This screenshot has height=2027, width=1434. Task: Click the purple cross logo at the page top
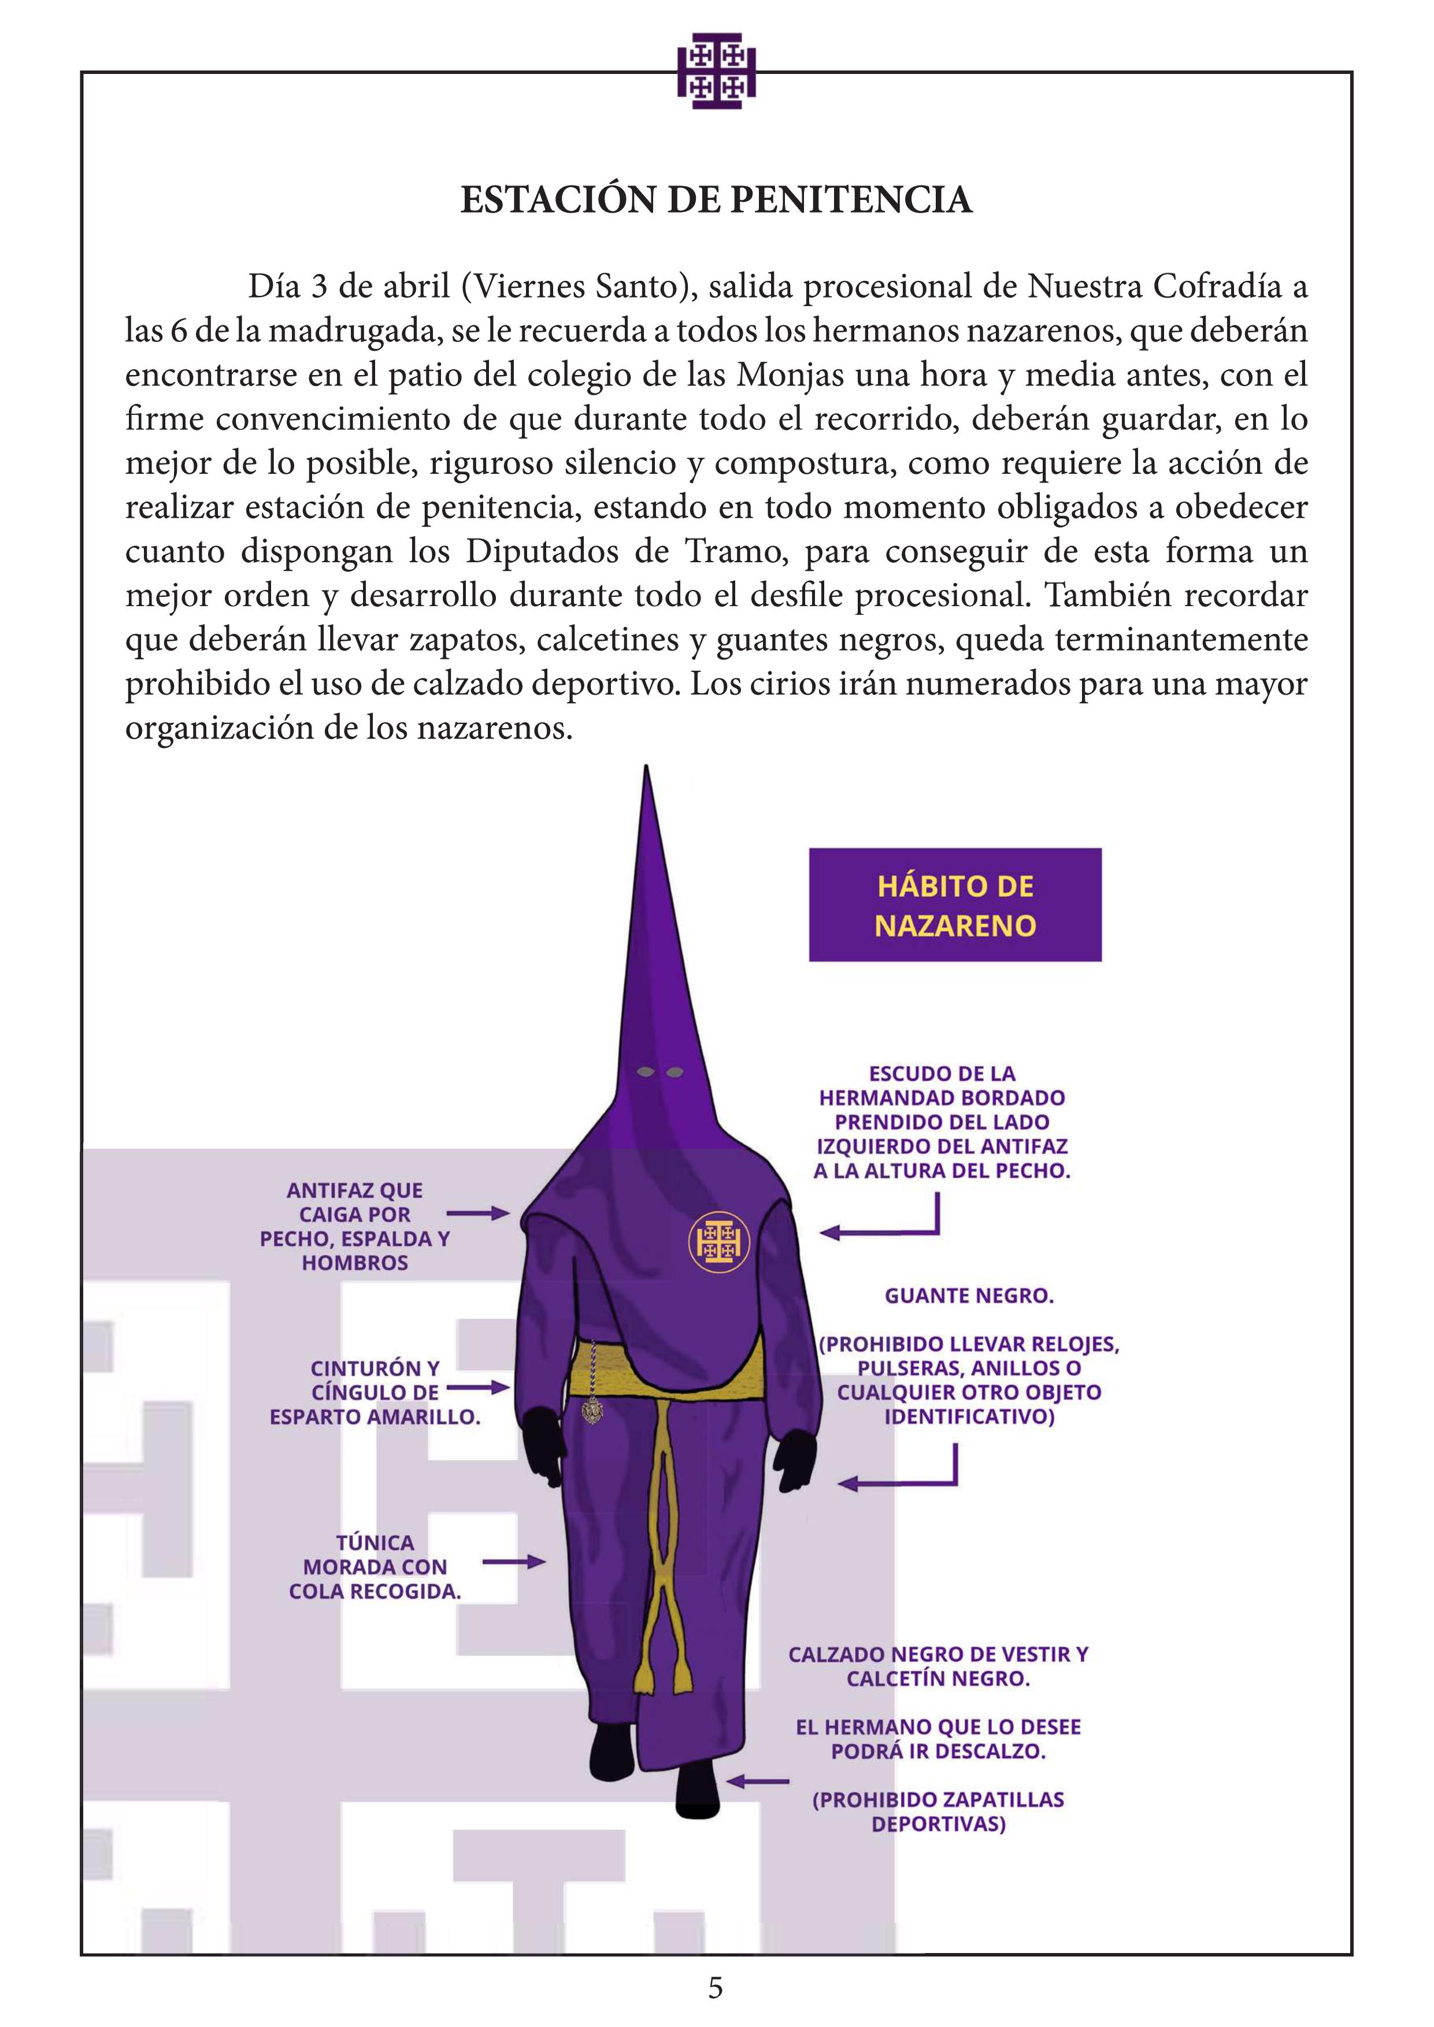click(716, 72)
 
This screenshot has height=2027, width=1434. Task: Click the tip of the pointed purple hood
click(647, 773)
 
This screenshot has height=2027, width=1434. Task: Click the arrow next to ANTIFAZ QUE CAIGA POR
click(477, 1214)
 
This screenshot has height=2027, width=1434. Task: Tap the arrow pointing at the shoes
click(757, 1781)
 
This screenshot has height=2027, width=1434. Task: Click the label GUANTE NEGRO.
click(969, 1296)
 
